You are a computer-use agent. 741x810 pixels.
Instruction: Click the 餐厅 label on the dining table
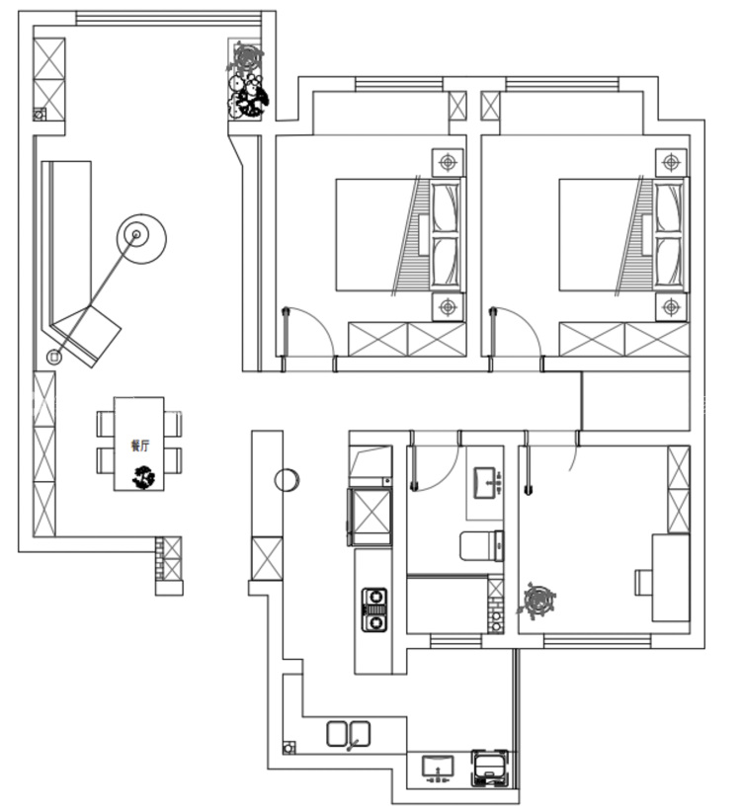coord(140,445)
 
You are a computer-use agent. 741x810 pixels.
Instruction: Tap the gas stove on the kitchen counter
coord(374,609)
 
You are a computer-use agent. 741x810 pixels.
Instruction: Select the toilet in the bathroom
coord(481,545)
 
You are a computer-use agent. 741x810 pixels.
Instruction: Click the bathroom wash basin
coord(487,482)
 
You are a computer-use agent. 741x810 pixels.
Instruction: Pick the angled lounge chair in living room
coord(87,336)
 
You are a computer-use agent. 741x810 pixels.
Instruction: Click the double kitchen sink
coord(349,734)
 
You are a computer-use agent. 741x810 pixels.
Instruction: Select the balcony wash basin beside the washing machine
coord(438,768)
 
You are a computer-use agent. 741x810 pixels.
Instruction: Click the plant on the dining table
coord(143,477)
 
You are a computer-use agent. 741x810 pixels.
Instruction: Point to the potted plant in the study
coord(537,600)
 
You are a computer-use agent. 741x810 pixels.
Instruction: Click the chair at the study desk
coord(644,582)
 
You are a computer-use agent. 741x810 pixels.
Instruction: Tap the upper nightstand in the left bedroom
coord(448,163)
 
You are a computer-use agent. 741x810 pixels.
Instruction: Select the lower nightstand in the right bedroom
coord(671,307)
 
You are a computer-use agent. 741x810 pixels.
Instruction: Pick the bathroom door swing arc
coord(446,474)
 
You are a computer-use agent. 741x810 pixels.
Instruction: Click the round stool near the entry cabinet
coord(287,480)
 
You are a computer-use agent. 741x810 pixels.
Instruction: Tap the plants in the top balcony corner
coord(248,81)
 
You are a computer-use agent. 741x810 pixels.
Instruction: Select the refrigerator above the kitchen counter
coord(370,516)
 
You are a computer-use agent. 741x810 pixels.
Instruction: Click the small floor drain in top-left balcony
coord(40,115)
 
